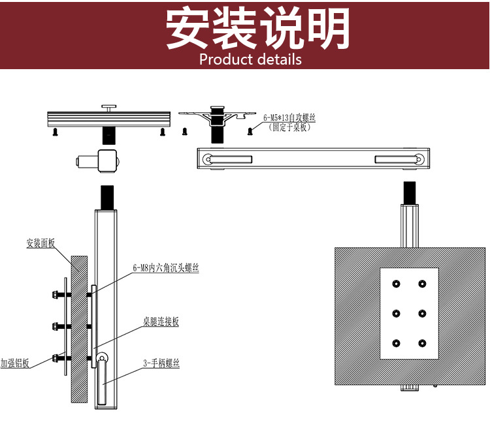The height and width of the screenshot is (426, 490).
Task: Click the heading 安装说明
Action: pyautogui.click(x=257, y=29)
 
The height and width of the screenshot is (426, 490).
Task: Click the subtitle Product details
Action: pyautogui.click(x=250, y=59)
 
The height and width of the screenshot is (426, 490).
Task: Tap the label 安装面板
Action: pyautogui.click(x=40, y=244)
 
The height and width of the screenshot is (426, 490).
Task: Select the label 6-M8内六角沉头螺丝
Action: pyautogui.click(x=165, y=268)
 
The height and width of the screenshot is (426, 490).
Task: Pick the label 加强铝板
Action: pyautogui.click(x=14, y=363)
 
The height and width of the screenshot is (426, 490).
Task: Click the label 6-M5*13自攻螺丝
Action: pyautogui.click(x=289, y=119)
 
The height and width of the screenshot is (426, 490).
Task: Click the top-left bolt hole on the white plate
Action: pyautogui.click(x=396, y=284)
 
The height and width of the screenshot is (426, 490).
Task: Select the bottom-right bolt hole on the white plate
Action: pyautogui.click(x=423, y=343)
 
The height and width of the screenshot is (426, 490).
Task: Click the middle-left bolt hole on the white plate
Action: pyautogui.click(x=396, y=314)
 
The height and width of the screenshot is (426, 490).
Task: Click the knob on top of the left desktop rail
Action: pyautogui.click(x=108, y=106)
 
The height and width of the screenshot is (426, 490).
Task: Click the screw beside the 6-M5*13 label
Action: pyautogui.click(x=250, y=131)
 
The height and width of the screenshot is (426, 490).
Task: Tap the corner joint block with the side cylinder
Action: pyautogui.click(x=108, y=160)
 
